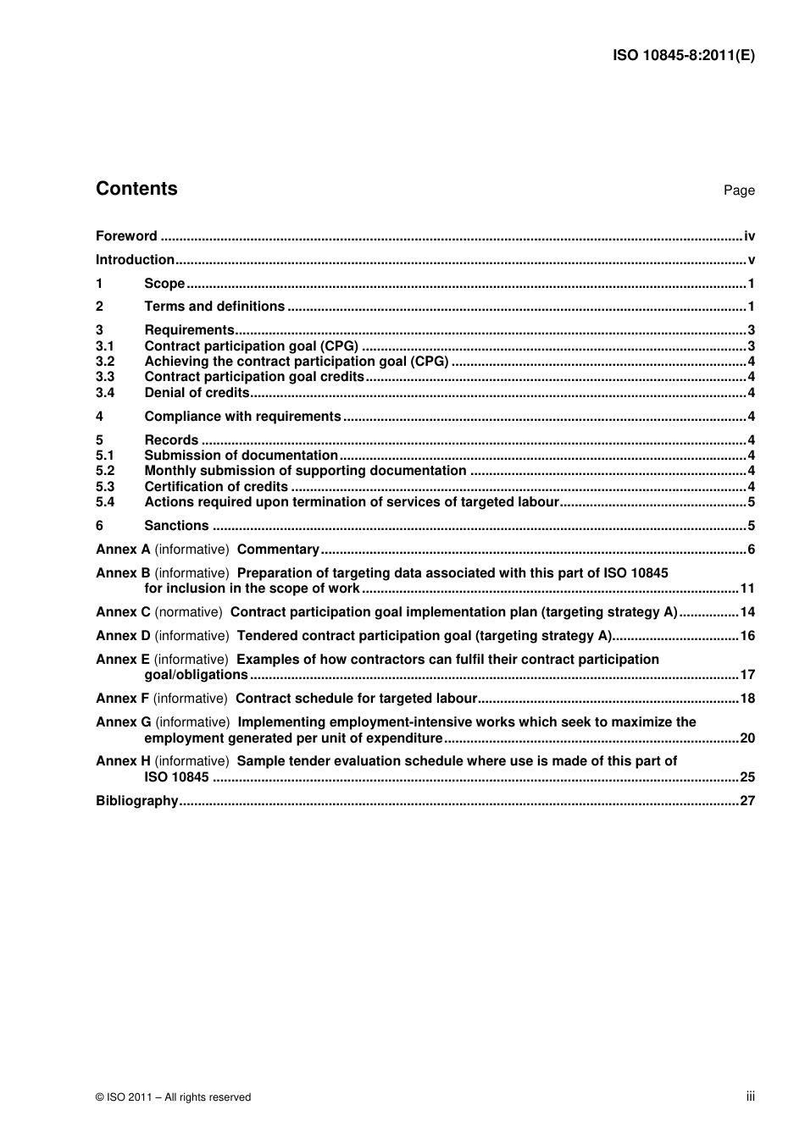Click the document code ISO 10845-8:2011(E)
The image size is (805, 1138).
pyautogui.click(x=683, y=56)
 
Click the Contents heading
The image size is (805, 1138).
pyautogui.click(x=136, y=189)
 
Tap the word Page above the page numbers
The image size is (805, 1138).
pyautogui.click(x=738, y=191)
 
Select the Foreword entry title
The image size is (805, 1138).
pyautogui.click(x=126, y=236)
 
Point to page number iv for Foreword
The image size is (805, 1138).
pyautogui.click(x=749, y=236)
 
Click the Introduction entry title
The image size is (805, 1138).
pyautogui.click(x=135, y=260)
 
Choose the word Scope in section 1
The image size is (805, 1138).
pyautogui.click(x=164, y=284)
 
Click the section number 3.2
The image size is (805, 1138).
pyautogui.click(x=105, y=362)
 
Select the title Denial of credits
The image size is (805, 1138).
pyautogui.click(x=197, y=393)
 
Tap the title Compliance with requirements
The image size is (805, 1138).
pyautogui.click(x=242, y=417)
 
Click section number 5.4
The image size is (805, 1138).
pyautogui.click(x=105, y=502)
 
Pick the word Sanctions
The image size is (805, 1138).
pyautogui.click(x=176, y=526)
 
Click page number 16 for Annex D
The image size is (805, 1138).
pyautogui.click(x=747, y=636)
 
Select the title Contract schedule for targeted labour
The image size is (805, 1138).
pyautogui.click(x=356, y=699)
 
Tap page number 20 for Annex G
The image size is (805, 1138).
pyautogui.click(x=747, y=738)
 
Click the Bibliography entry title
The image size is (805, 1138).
pyautogui.click(x=136, y=801)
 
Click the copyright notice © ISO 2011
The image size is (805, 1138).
pyautogui.click(x=173, y=1097)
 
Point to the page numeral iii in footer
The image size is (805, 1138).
pyautogui.click(x=750, y=1097)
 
